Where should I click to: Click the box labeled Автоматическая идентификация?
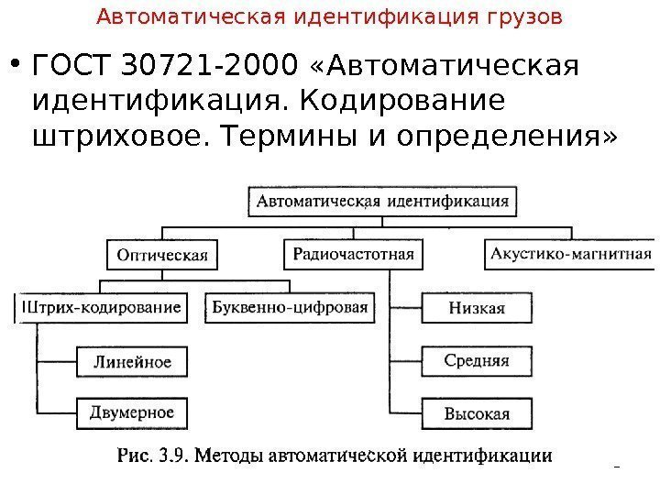382,200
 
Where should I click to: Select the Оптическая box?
162,254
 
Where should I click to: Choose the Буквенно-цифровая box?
290,307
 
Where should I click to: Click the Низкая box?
477,308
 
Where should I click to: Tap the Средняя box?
477,360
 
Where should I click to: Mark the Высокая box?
477,412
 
